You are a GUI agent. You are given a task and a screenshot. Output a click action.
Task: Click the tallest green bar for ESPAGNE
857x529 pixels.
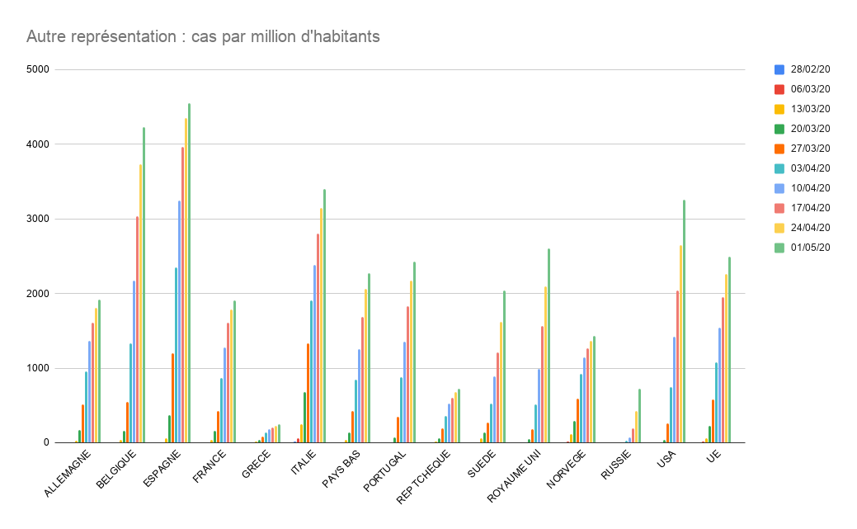tap(189, 272)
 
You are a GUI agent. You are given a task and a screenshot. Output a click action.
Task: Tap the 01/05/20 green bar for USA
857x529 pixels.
tap(684, 322)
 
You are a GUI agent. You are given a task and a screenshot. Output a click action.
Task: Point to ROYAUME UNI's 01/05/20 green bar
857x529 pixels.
tap(549, 346)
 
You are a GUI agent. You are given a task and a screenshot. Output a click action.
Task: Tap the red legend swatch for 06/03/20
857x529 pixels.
tap(779, 89)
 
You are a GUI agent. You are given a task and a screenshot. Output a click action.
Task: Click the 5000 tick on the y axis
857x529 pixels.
tap(38, 69)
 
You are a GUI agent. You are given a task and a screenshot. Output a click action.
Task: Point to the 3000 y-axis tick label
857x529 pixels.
tap(38, 219)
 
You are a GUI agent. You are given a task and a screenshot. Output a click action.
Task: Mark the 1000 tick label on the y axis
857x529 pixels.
tap(38, 368)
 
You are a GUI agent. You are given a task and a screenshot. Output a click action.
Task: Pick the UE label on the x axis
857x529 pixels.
tap(714, 456)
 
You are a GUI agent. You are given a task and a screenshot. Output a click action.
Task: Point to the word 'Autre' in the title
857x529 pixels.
tap(45, 36)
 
